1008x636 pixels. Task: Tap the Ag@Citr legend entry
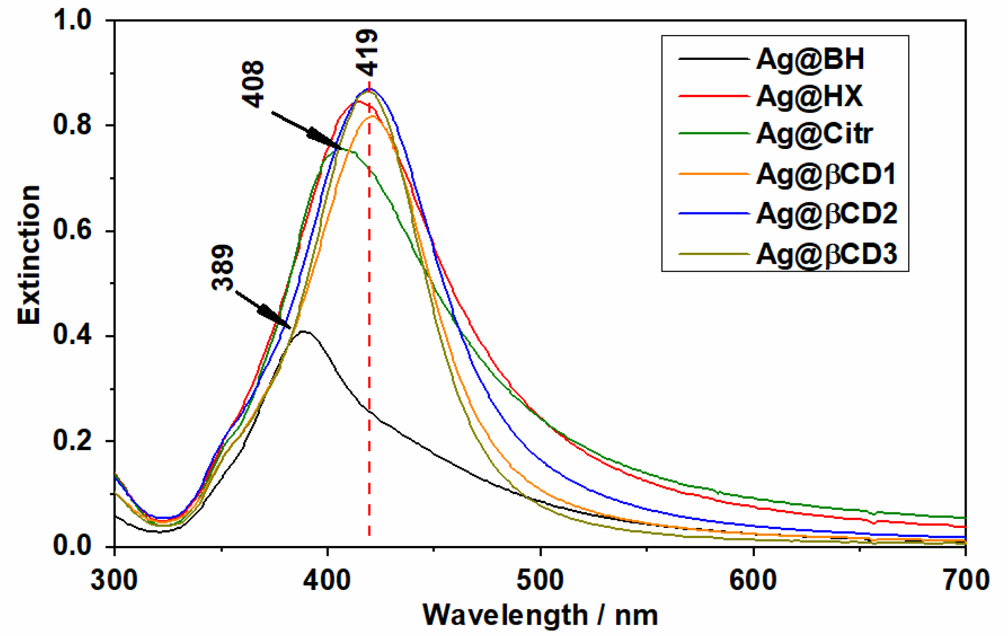click(x=814, y=133)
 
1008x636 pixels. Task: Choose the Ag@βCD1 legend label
click(x=826, y=174)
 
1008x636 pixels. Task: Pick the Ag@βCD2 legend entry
click(x=826, y=214)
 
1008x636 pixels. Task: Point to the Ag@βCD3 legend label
click(x=826, y=254)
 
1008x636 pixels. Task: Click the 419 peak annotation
click(x=367, y=53)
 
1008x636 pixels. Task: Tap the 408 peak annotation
click(x=253, y=84)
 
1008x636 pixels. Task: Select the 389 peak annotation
click(x=223, y=267)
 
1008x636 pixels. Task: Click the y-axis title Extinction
click(x=29, y=255)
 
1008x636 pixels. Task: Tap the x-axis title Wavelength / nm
click(x=540, y=615)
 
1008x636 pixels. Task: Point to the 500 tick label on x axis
click(x=540, y=580)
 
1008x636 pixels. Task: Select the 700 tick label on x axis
click(x=966, y=580)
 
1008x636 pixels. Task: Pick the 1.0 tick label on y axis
click(x=72, y=20)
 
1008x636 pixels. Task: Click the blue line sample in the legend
click(x=714, y=213)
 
